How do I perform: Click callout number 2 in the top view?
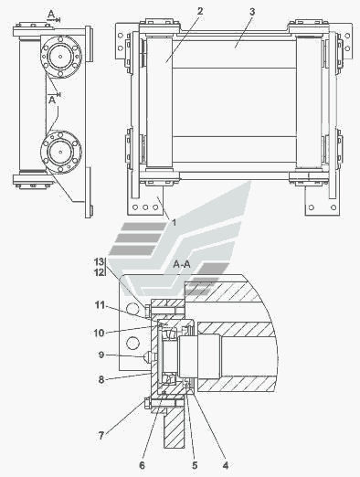coord(200,11)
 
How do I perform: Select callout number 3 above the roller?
coord(252,12)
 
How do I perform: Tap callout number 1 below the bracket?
coord(175,223)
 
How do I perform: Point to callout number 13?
coord(99,261)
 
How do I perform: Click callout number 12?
coord(99,271)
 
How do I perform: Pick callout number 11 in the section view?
coord(100,305)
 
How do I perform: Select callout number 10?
coord(99,333)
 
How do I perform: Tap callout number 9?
coord(101,355)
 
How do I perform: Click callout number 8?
coord(101,379)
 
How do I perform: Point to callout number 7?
coord(101,436)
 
